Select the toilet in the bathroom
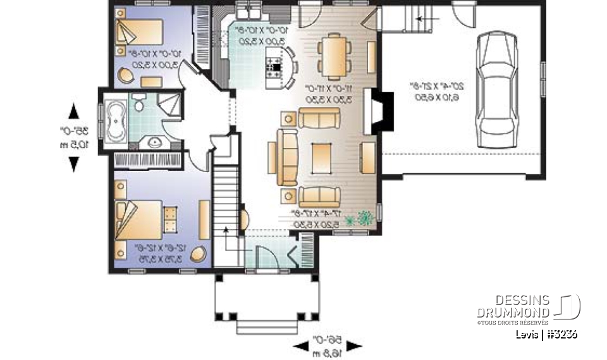pos(139,101)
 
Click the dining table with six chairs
pos(331,54)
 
